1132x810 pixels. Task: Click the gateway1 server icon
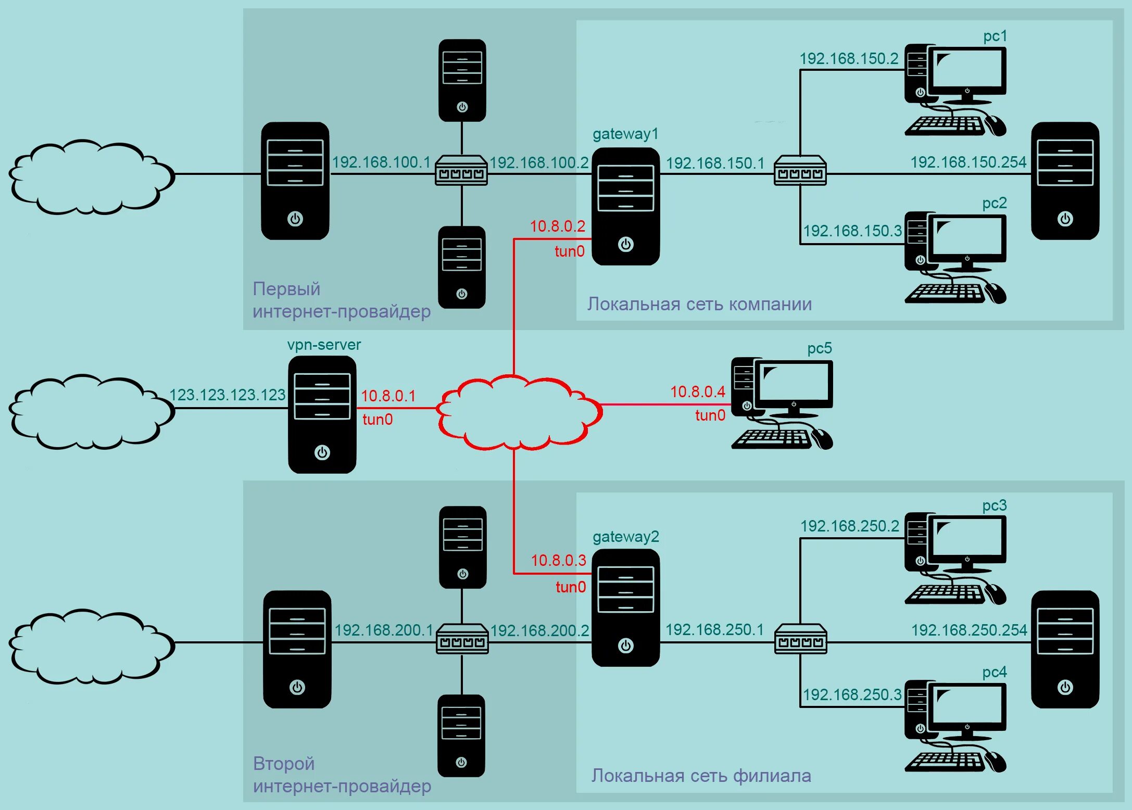(625, 206)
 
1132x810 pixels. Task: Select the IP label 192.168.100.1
(381, 162)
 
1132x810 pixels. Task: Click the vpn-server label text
(324, 345)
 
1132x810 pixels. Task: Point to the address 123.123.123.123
(228, 395)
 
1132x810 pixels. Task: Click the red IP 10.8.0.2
(557, 226)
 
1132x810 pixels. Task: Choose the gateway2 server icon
(625, 607)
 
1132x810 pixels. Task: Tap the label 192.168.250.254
(969, 630)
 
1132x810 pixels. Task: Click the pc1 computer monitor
(967, 70)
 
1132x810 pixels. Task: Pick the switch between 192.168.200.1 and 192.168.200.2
(462, 639)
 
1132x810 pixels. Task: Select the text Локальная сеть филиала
(701, 776)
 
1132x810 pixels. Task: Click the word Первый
(286, 289)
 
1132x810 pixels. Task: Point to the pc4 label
(994, 672)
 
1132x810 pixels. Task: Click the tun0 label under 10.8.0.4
(710, 415)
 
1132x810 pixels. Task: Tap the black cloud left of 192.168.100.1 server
(91, 177)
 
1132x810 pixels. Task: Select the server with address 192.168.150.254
(1065, 181)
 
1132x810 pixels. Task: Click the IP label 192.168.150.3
(852, 231)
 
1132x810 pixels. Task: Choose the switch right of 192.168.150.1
(800, 170)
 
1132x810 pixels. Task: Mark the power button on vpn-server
(322, 452)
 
